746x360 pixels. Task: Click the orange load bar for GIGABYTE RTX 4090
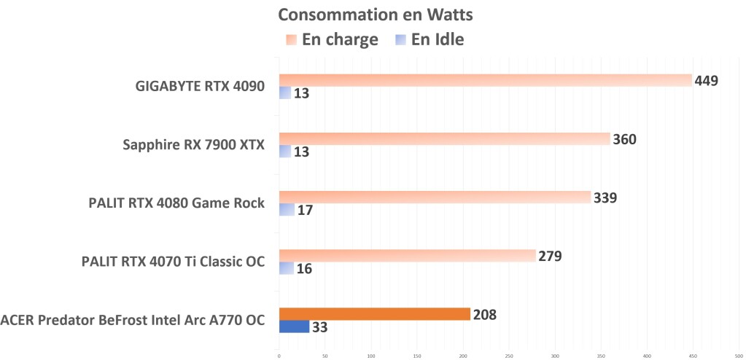485,80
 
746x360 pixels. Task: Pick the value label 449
707,80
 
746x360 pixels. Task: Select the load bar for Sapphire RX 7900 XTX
444,138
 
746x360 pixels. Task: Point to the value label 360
624,138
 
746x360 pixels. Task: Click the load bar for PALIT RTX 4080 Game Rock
435,197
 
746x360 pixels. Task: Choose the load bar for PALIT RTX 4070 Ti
407,255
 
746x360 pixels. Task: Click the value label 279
550,256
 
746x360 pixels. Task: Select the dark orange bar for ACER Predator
374,314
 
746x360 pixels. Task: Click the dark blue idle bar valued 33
294,326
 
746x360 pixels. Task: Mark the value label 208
484,314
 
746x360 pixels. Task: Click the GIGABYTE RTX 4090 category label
200,87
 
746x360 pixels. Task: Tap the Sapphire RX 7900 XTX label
195,145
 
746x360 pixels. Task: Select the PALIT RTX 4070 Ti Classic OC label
172,262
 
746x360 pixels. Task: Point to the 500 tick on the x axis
739,356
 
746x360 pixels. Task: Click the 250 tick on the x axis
509,356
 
